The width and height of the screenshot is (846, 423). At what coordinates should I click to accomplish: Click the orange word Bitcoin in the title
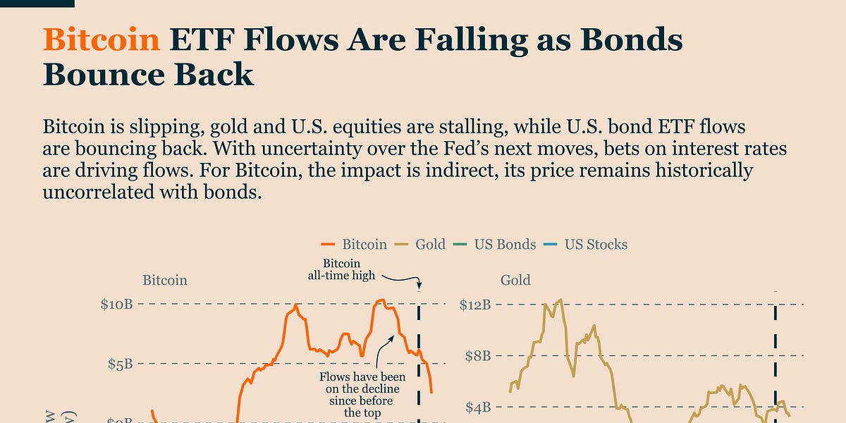click(x=102, y=40)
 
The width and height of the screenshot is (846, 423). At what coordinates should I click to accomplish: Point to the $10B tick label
click(x=117, y=305)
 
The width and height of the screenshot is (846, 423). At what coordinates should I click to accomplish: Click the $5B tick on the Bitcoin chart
click(x=121, y=364)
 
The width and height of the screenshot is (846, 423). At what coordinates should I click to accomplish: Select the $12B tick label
click(x=474, y=305)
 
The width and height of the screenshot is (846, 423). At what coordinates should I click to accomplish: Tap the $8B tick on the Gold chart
click(x=478, y=355)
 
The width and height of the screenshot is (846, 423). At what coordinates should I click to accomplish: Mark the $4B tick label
click(x=478, y=407)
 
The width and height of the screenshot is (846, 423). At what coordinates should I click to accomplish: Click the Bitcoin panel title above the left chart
click(x=165, y=280)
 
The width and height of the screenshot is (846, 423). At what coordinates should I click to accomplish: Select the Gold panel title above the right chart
click(x=515, y=280)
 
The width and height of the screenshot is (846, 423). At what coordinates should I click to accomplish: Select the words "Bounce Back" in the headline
click(x=148, y=74)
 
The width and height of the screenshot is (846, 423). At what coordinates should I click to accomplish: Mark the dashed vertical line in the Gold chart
click(x=776, y=360)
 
